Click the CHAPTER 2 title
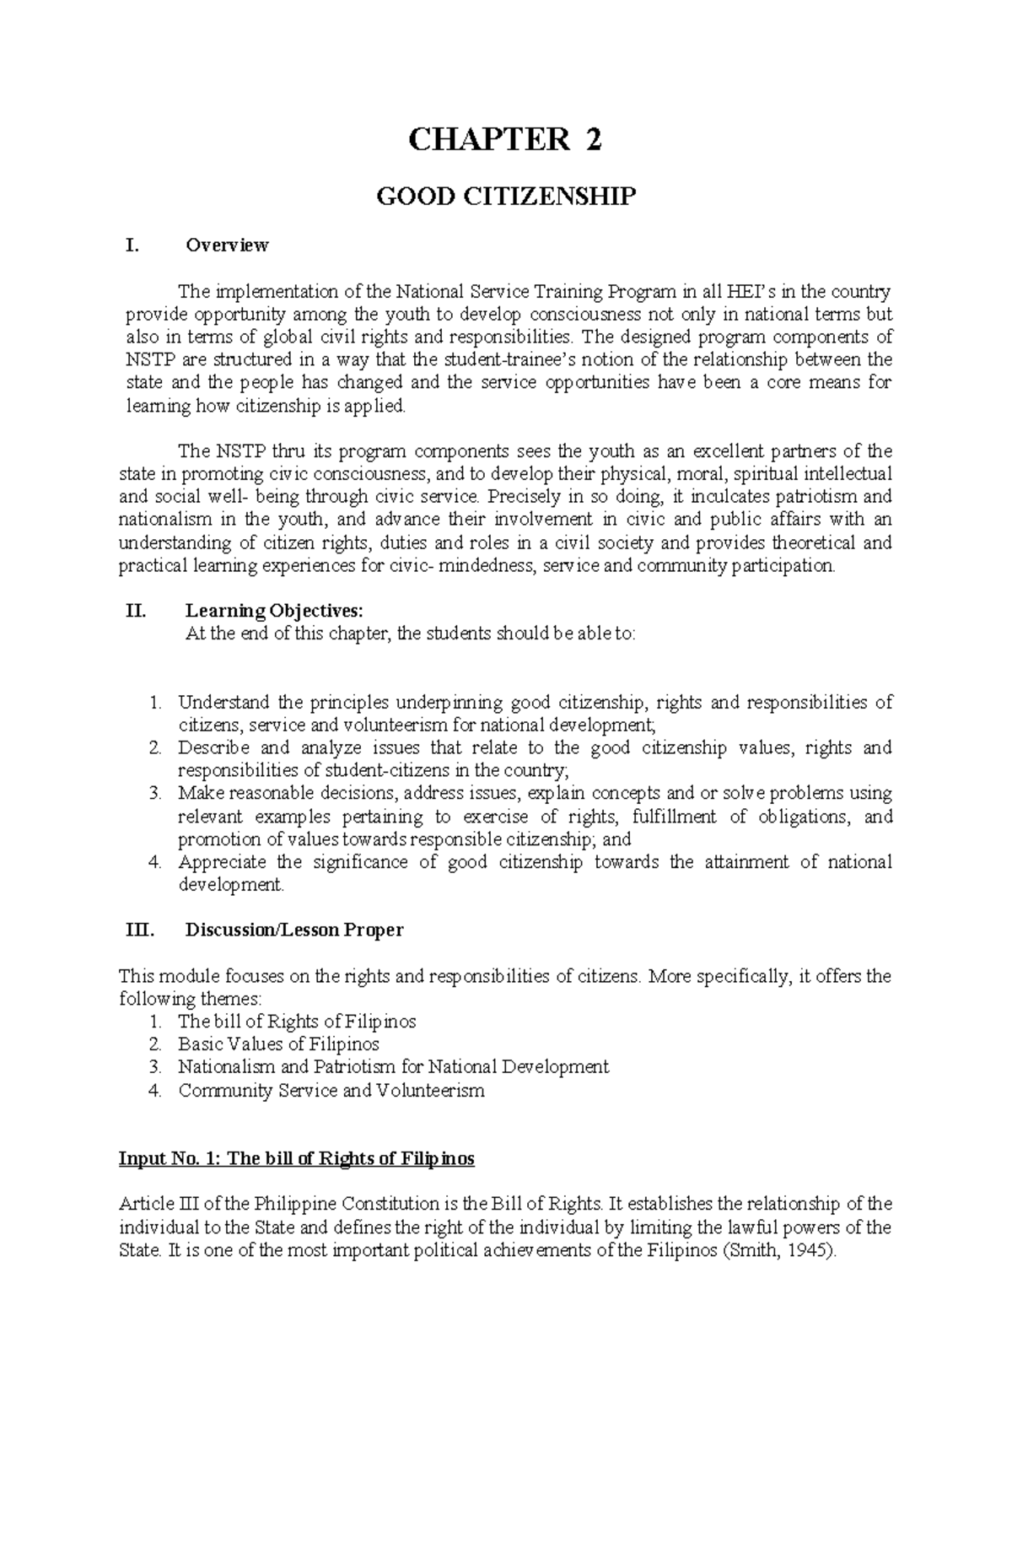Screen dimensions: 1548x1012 (505, 140)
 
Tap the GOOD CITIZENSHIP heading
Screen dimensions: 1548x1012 (505, 197)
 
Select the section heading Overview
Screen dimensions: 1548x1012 (227, 245)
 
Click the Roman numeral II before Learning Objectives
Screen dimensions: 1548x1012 (135, 611)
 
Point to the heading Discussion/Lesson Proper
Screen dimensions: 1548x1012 (293, 930)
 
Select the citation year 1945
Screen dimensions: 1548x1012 (809, 1250)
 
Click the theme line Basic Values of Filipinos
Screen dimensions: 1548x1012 (278, 1044)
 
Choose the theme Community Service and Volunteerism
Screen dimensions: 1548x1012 (331, 1090)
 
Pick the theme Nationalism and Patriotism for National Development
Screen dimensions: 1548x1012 (393, 1067)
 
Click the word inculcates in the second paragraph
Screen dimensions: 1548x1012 (726, 497)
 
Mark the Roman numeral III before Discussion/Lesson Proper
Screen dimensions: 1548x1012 (137, 930)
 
